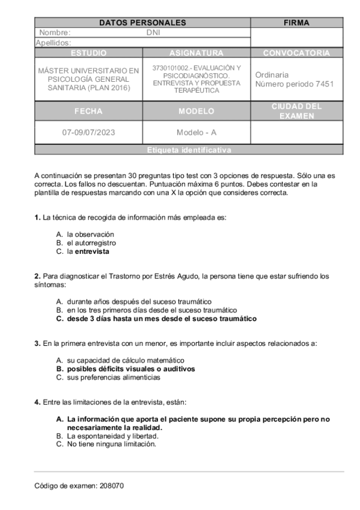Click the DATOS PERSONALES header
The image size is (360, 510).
[142, 23]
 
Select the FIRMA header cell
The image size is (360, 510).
[296, 23]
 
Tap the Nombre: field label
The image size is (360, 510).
[55, 33]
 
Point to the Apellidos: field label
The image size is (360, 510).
[53, 43]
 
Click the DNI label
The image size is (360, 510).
[153, 33]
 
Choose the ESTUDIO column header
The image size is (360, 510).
[88, 53]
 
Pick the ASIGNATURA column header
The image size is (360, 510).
[196, 53]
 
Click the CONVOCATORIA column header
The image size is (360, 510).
[296, 53]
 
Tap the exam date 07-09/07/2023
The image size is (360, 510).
[88, 132]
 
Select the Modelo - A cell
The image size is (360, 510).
[196, 132]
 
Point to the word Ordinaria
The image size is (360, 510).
[272, 75]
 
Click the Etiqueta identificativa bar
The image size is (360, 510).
[189, 150]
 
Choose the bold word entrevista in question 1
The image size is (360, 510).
[92, 251]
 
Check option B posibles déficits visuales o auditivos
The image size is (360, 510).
[130, 369]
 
